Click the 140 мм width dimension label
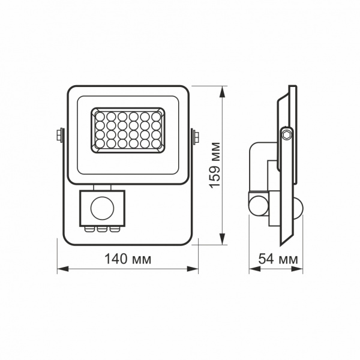(127, 259)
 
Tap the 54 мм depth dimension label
(278, 259)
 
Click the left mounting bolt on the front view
(59, 136)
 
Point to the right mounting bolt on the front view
(196, 136)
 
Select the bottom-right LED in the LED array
(156, 145)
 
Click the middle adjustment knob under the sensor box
(102, 229)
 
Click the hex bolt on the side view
(287, 134)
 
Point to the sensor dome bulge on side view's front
(300, 208)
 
